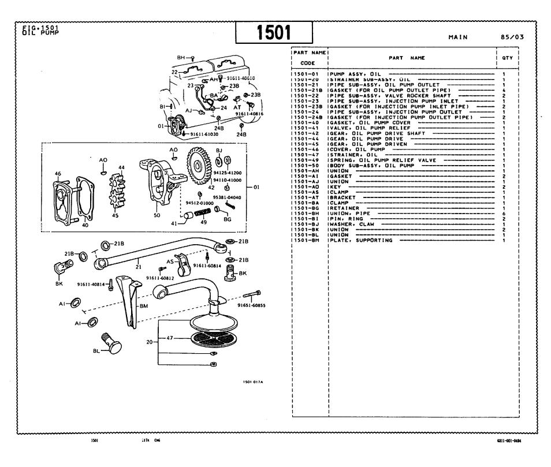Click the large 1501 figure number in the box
(x=274, y=32)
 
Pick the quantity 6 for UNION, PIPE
(x=504, y=214)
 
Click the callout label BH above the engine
(x=180, y=58)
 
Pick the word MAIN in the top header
(x=457, y=38)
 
